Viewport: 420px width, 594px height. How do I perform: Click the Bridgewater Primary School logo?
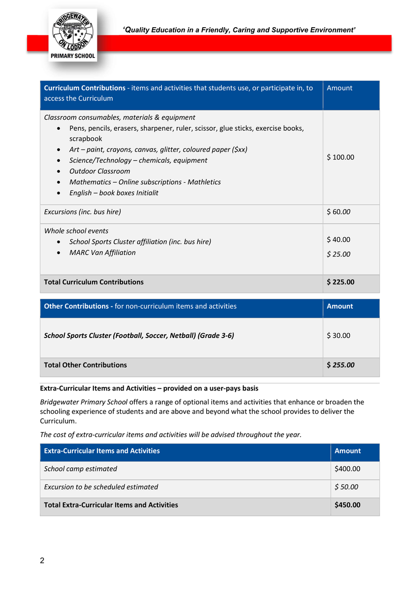[x=73, y=36]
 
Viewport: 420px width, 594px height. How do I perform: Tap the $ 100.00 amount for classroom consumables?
[x=340, y=157]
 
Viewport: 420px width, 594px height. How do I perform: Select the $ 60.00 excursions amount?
[x=338, y=212]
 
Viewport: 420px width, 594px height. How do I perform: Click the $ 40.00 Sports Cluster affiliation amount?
[x=338, y=240]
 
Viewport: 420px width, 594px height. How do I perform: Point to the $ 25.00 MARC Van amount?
[x=338, y=254]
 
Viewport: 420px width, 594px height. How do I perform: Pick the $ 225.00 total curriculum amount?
[x=340, y=282]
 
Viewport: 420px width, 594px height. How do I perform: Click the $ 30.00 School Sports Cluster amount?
[x=338, y=336]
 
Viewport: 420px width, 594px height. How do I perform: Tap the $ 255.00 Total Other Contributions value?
[x=340, y=365]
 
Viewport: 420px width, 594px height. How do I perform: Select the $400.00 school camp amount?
[x=347, y=469]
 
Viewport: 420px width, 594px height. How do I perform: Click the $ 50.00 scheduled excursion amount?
[x=346, y=487]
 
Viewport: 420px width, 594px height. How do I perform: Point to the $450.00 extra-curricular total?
[x=347, y=505]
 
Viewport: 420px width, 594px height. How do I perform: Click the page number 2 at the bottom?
[x=42, y=561]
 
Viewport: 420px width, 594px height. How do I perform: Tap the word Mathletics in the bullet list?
[x=203, y=182]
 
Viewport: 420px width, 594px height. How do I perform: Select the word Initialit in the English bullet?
[x=144, y=193]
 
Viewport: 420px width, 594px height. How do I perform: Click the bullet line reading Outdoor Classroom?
[x=99, y=171]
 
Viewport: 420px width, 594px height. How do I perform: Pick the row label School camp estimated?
[x=81, y=469]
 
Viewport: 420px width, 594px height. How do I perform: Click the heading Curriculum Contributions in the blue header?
[x=85, y=88]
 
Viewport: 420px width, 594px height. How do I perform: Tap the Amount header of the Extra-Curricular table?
[x=347, y=451]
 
